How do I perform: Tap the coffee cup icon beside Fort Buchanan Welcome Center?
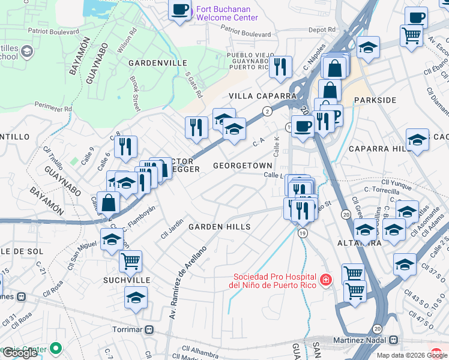point(179,10)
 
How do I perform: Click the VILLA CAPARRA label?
point(262,96)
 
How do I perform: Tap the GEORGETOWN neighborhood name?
point(243,164)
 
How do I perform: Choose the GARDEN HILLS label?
point(219,227)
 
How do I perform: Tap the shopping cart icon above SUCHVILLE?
point(130,260)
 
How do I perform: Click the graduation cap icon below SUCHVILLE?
point(136,297)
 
